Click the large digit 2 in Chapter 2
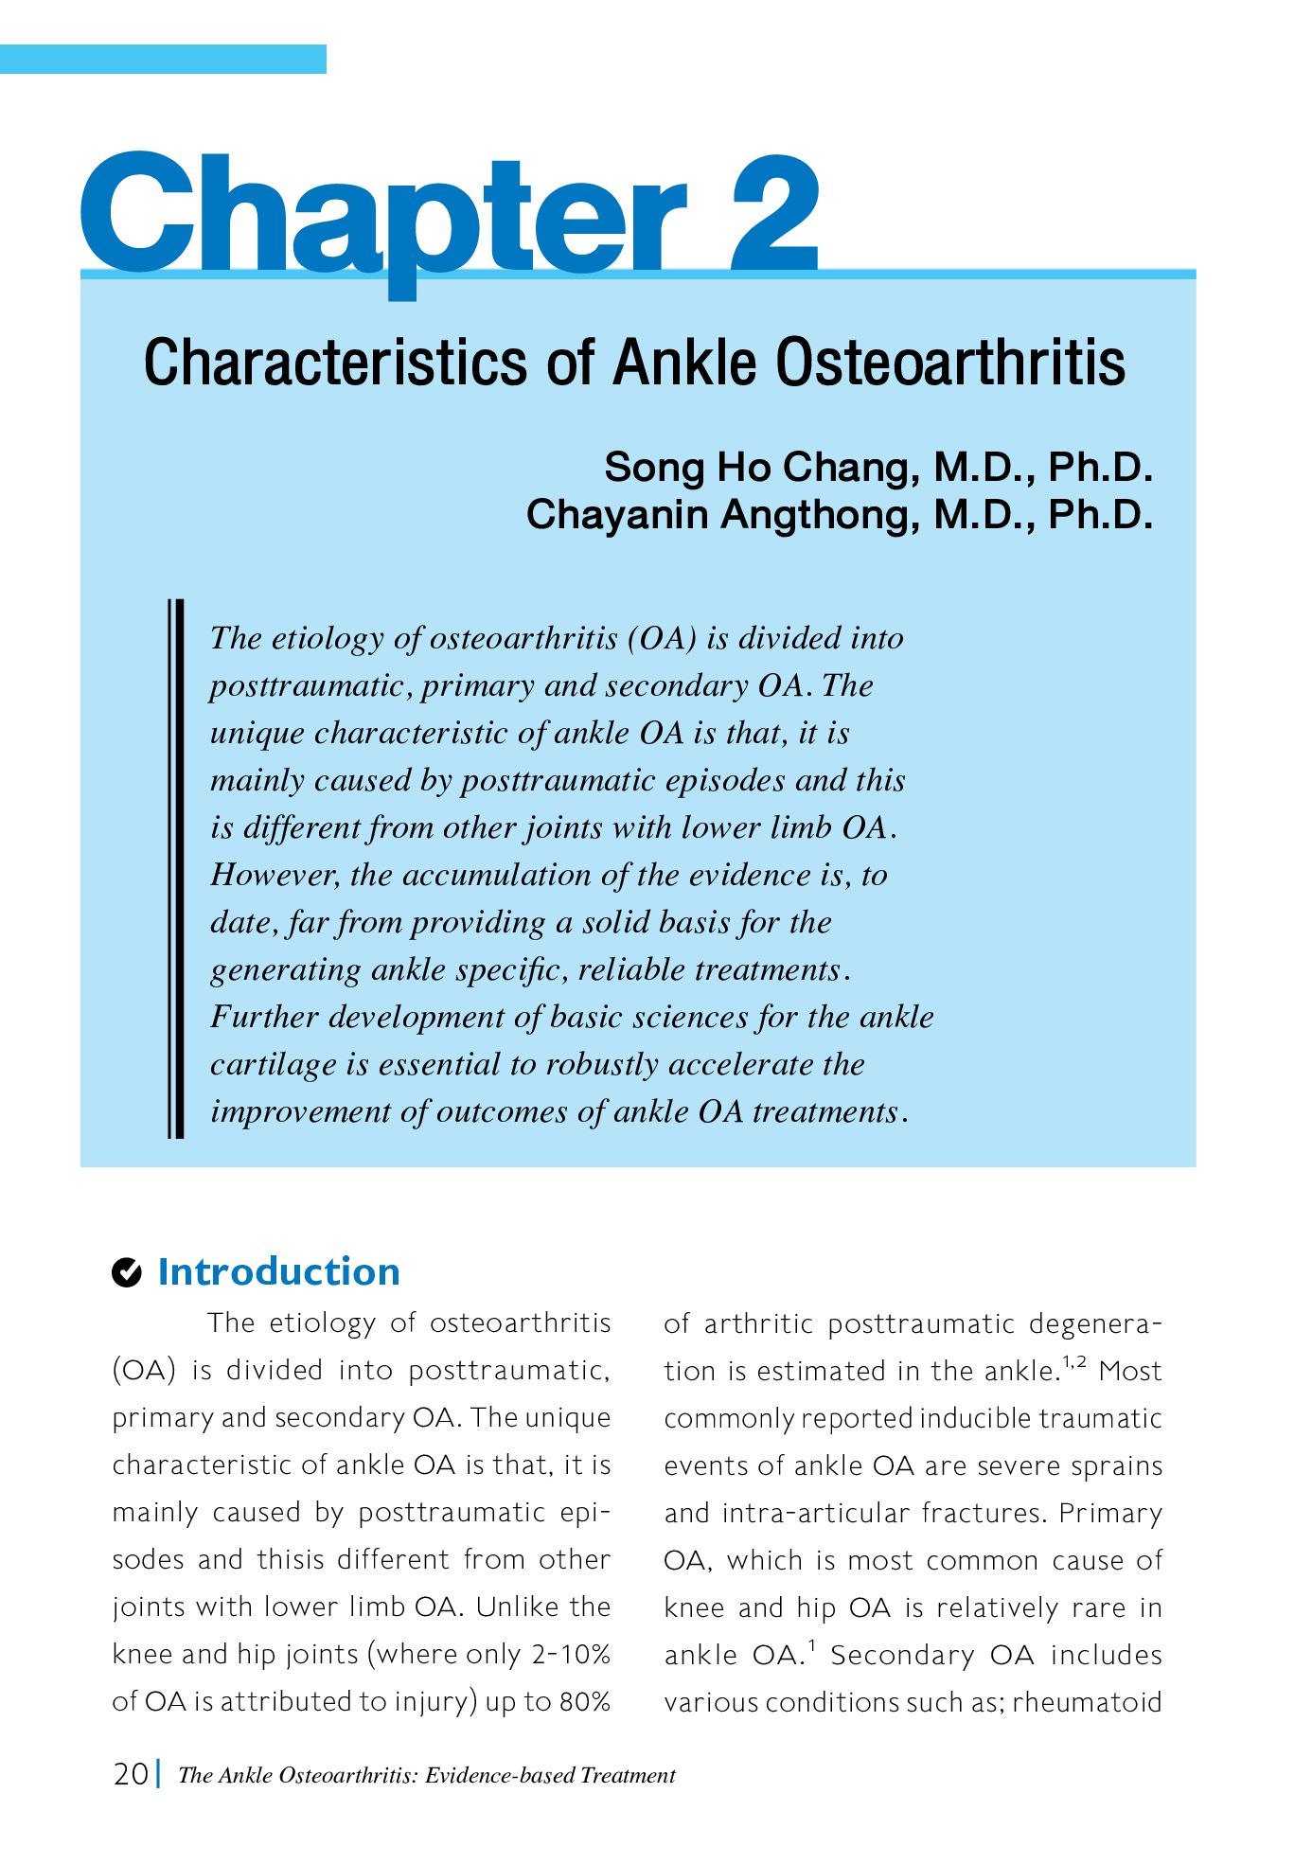point(773,215)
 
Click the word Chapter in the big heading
point(383,218)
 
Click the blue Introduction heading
point(278,1271)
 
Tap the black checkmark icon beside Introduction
point(127,1272)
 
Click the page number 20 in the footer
point(131,1773)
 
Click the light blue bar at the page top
point(163,59)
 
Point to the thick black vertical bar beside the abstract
point(176,868)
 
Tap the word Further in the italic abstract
point(264,1017)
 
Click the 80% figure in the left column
point(584,1701)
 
